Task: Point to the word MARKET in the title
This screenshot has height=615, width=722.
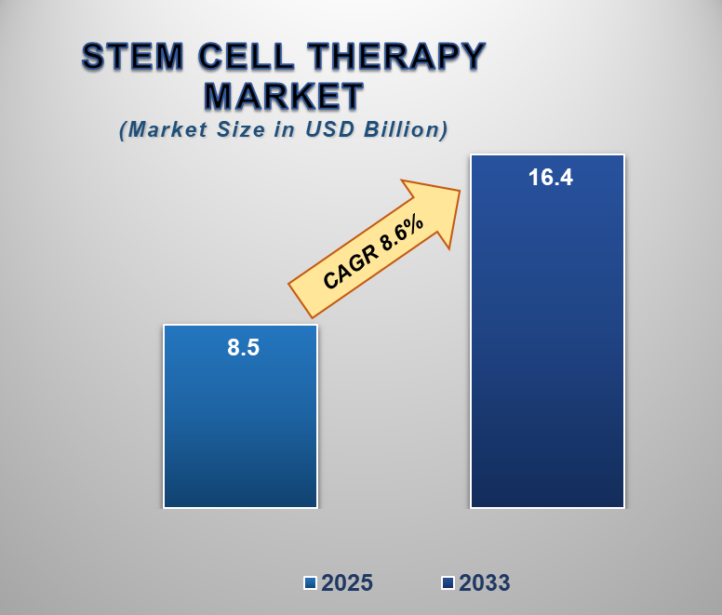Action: pyautogui.click(x=284, y=96)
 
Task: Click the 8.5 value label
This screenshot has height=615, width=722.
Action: pyautogui.click(x=243, y=349)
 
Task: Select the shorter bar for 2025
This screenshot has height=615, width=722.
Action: pyautogui.click(x=241, y=428)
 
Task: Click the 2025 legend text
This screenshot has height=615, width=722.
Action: pyautogui.click(x=347, y=583)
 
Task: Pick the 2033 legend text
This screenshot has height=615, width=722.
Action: pyautogui.click(x=484, y=583)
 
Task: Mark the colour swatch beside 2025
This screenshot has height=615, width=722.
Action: pyautogui.click(x=311, y=583)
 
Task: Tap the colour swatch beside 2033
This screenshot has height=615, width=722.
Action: pyautogui.click(x=448, y=583)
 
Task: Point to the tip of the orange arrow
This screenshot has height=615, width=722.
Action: pyautogui.click(x=460, y=191)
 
